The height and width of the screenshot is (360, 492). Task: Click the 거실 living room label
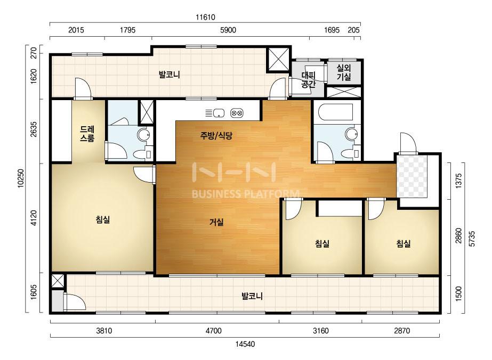click(216, 222)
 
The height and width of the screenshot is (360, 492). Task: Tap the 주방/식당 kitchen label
click(216, 136)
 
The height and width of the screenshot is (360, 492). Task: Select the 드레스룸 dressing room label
click(87, 134)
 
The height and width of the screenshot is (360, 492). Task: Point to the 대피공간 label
click(308, 80)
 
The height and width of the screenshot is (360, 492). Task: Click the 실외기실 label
click(344, 72)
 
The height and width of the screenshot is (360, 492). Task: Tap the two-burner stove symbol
click(237, 113)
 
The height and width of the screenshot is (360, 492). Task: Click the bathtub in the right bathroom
click(336, 112)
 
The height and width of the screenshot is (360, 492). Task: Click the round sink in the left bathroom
click(144, 135)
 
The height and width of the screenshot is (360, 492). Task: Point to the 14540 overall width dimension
click(245, 344)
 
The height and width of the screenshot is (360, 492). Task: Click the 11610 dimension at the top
click(206, 17)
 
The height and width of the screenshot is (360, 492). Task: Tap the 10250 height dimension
click(21, 178)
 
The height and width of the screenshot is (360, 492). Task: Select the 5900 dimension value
click(228, 30)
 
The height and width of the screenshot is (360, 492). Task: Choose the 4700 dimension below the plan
click(214, 331)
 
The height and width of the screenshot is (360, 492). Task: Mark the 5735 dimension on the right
click(472, 239)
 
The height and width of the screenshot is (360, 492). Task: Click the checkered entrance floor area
click(412, 176)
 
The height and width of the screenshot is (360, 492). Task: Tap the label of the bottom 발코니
click(252, 296)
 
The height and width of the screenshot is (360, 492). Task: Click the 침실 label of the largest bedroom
click(103, 219)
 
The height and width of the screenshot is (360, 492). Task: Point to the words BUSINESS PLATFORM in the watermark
click(245, 194)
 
